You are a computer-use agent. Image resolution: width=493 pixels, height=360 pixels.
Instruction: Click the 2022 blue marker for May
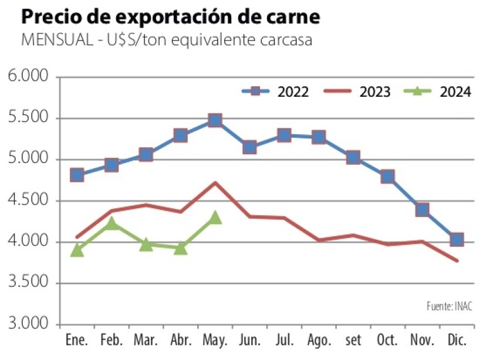(215, 121)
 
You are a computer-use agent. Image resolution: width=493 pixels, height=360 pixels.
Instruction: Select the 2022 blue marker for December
(457, 239)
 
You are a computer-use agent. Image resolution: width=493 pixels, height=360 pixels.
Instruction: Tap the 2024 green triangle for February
(112, 223)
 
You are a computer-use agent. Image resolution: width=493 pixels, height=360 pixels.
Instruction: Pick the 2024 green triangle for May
(215, 218)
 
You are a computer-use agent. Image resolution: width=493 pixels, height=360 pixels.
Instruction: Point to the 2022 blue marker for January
(77, 175)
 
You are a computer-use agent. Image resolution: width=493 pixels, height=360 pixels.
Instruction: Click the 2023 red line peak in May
(215, 183)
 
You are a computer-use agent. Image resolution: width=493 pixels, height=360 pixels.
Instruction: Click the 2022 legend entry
(276, 92)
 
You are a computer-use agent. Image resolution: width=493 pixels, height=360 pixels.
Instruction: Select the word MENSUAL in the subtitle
(49, 40)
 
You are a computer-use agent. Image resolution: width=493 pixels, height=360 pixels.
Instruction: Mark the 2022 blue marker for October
(387, 176)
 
